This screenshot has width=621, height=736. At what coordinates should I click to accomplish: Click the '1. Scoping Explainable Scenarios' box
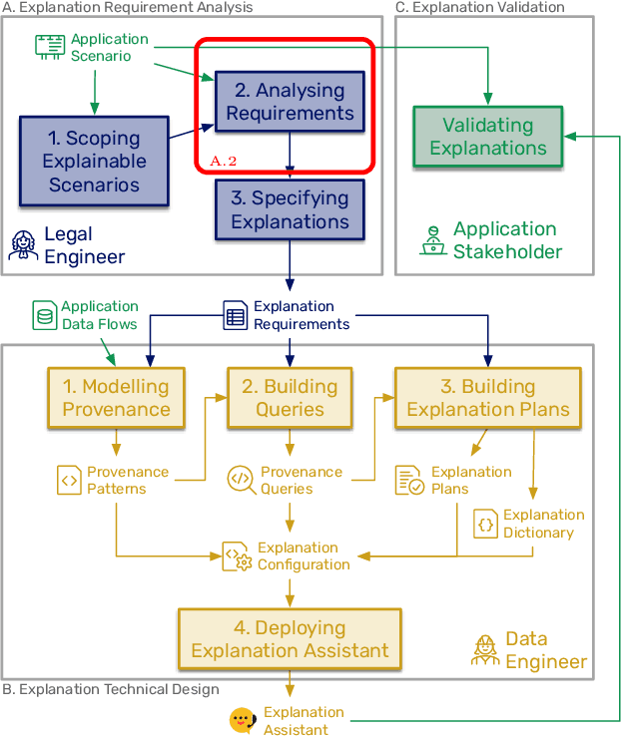(x=95, y=161)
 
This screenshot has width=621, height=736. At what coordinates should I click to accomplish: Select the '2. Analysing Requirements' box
(x=290, y=102)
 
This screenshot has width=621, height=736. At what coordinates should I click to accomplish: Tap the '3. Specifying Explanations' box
(x=290, y=209)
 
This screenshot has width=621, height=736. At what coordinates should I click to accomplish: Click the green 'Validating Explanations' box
(x=488, y=137)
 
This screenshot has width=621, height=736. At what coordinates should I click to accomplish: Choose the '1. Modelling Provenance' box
(x=116, y=398)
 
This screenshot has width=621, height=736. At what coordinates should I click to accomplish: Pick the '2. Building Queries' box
(x=290, y=398)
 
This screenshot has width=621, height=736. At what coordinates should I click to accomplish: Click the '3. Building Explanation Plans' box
(x=488, y=398)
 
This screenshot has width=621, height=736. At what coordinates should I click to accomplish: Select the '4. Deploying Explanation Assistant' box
(x=290, y=639)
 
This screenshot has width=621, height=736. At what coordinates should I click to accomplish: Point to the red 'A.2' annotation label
(x=225, y=160)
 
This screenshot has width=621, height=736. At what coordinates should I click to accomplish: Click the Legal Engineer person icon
(x=23, y=245)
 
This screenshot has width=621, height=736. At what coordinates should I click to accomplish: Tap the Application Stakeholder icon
(x=433, y=240)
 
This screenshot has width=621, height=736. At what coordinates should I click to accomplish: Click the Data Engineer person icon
(x=485, y=649)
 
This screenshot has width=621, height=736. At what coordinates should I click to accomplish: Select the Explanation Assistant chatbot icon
(x=241, y=721)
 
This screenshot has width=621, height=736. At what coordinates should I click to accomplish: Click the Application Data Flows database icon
(x=45, y=315)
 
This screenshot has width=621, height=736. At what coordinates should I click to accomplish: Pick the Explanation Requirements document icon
(x=235, y=316)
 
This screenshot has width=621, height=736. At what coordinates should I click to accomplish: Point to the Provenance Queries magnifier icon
(x=241, y=480)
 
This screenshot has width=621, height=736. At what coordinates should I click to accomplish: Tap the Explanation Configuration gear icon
(x=236, y=556)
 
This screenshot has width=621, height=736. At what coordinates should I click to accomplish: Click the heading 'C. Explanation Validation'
(x=480, y=7)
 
